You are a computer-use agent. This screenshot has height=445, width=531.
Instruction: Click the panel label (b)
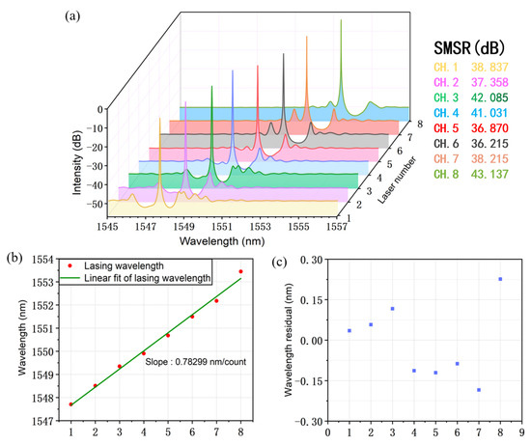tap(13, 257)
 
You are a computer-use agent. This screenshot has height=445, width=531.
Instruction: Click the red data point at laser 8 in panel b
tap(240, 272)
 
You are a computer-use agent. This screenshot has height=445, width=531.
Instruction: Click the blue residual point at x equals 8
tap(500, 279)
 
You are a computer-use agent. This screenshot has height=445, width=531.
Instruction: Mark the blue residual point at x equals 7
tap(479, 390)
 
